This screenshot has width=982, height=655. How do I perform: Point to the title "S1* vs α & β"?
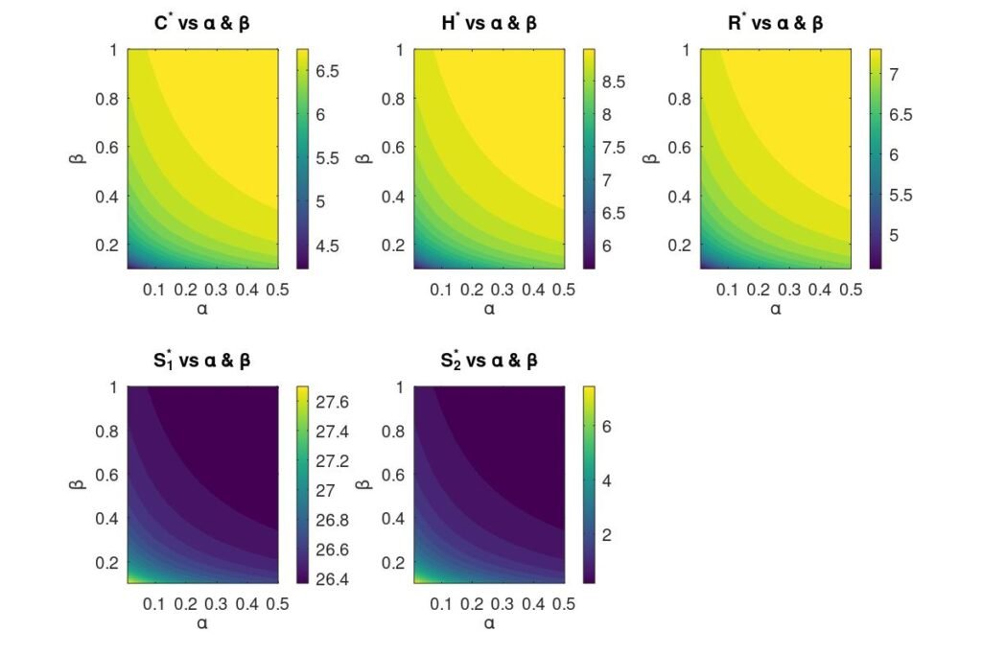pos(201,362)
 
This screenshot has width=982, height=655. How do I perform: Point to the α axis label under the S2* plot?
pos(488,623)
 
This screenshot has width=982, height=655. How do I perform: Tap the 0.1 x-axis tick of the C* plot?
pos(153,289)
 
